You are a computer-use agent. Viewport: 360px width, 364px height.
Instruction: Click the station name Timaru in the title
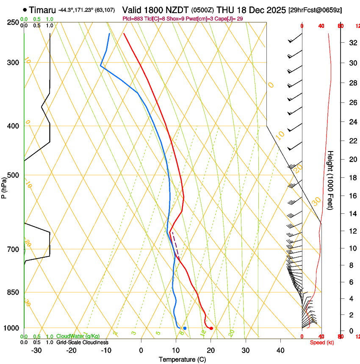tap(43, 9)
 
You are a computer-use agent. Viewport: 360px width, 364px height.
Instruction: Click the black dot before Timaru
tap(25, 9)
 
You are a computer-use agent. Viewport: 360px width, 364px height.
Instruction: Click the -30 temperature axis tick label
tap(36, 350)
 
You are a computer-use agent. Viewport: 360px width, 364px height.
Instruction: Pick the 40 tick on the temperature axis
tap(280, 350)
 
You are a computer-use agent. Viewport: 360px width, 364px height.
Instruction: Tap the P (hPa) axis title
tap(4, 186)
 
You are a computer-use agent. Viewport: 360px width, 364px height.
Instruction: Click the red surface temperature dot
tap(211, 328)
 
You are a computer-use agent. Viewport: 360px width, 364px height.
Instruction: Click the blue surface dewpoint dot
tap(185, 328)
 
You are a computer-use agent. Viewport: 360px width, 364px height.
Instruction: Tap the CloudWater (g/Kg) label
tap(78, 336)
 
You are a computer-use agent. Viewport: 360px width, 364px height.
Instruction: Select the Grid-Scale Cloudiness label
tap(82, 342)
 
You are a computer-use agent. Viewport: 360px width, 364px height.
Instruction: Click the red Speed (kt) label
tap(320, 342)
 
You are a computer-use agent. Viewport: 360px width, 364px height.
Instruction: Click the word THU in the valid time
tap(225, 9)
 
